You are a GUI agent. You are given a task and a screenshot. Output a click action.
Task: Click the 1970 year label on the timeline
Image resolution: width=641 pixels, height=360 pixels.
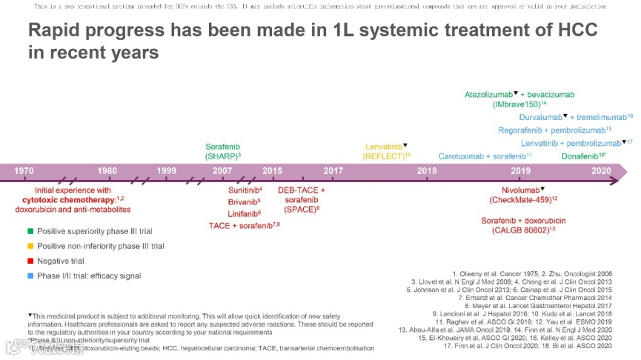coord(24,171)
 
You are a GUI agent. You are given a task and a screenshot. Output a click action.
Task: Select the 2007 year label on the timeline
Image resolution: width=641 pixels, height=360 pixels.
coord(222,171)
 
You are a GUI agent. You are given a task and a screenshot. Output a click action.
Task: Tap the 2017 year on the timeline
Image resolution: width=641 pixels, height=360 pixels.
coord(333,171)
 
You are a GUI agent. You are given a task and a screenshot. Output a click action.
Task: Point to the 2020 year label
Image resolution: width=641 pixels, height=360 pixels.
coord(600,171)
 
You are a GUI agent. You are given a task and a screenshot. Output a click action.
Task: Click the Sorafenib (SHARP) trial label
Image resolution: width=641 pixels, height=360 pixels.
coord(222,152)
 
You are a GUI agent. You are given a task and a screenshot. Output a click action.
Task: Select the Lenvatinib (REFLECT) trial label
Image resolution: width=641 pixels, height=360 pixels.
coord(387,151)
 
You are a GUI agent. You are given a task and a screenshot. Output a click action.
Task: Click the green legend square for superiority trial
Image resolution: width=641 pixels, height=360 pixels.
coord(30,232)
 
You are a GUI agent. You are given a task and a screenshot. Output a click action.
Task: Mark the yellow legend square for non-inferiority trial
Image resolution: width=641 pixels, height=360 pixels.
coord(30,246)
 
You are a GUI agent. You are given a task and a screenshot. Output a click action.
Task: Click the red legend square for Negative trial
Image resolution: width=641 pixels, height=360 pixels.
coord(30,261)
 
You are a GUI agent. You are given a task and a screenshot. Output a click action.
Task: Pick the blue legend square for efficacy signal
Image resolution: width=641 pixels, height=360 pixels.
coord(30,276)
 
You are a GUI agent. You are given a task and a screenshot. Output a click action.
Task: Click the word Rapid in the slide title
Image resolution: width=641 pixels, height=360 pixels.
coord(53,32)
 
